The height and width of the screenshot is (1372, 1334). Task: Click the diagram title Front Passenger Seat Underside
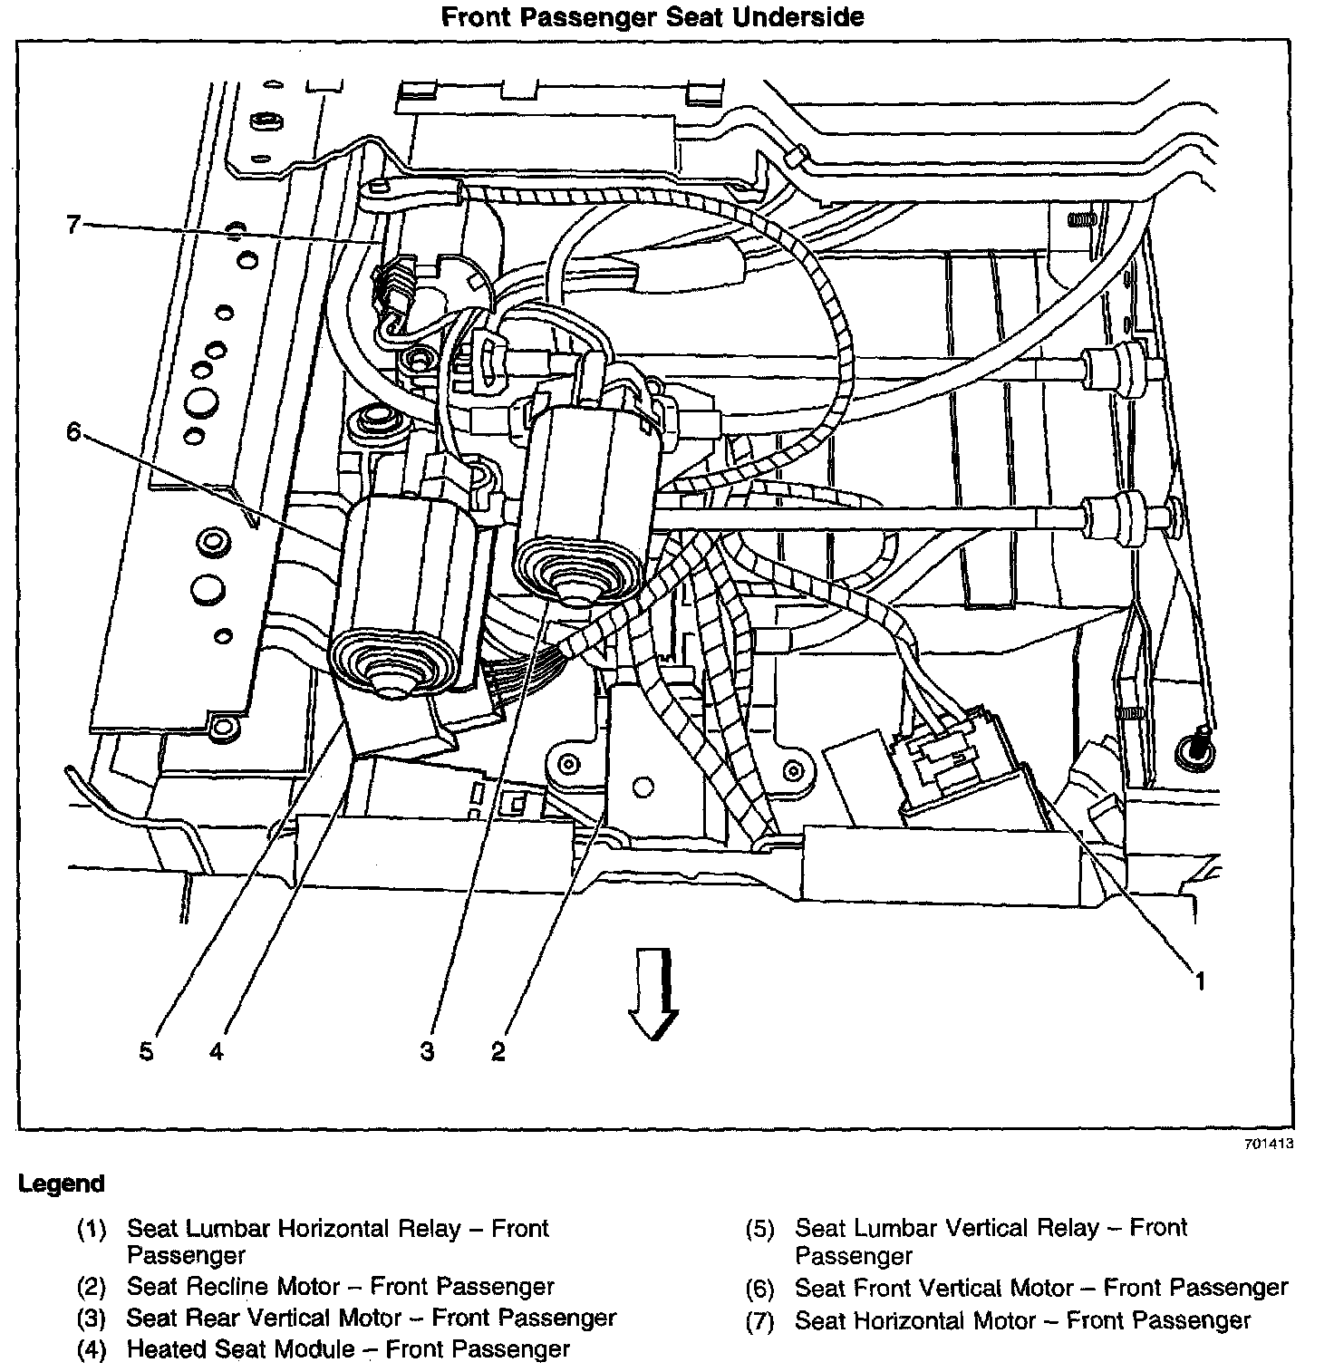click(x=652, y=16)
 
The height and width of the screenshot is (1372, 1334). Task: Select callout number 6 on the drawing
click(x=73, y=431)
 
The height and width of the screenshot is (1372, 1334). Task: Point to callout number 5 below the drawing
click(x=147, y=1051)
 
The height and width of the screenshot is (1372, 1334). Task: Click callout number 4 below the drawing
click(x=216, y=1051)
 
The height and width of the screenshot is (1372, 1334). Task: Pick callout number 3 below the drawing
click(x=428, y=1051)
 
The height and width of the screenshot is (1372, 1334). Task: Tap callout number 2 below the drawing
click(x=498, y=1051)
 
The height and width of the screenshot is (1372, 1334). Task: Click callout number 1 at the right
click(x=1199, y=981)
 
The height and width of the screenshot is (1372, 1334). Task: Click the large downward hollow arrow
click(x=654, y=991)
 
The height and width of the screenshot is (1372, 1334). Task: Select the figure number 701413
click(x=1268, y=1144)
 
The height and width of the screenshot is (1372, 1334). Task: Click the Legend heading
click(x=62, y=1184)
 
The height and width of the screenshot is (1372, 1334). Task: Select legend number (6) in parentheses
click(x=759, y=1290)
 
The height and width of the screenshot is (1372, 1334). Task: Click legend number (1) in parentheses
click(x=92, y=1230)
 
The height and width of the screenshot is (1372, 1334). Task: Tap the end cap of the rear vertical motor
click(x=575, y=581)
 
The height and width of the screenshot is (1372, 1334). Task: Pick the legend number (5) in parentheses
click(x=759, y=1230)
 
